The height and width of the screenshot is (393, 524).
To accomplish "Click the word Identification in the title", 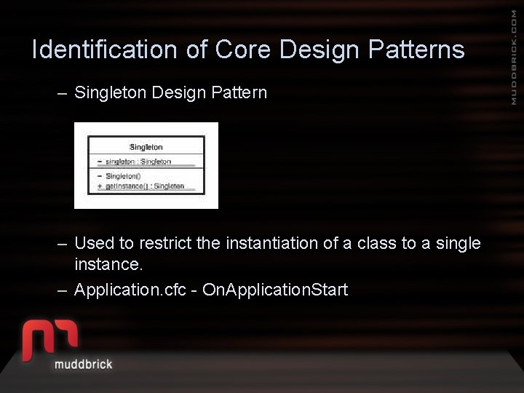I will tap(105, 49).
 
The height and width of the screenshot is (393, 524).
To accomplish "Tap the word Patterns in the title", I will tap(416, 49).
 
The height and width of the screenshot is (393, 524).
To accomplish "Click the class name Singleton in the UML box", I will tap(146, 147).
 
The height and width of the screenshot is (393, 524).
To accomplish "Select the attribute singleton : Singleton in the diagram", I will tap(138, 162).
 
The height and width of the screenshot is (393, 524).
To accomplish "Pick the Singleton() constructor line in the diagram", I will tap(123, 176).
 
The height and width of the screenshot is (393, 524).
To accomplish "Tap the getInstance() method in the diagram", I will tap(145, 186).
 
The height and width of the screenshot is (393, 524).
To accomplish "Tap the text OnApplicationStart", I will tap(275, 290).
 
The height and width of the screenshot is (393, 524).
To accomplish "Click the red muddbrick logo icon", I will tap(50, 337).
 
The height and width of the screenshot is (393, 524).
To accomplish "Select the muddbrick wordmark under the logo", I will tap(83, 364).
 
